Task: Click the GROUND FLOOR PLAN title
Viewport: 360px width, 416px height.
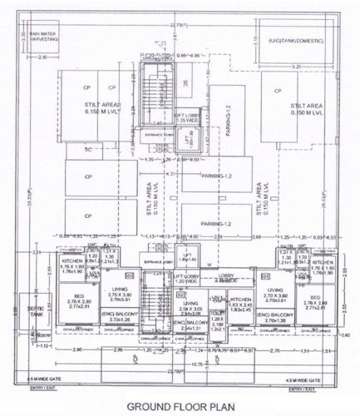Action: pyautogui.click(x=180, y=408)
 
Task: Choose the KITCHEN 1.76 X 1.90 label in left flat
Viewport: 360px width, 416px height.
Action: pyautogui.click(x=71, y=265)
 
